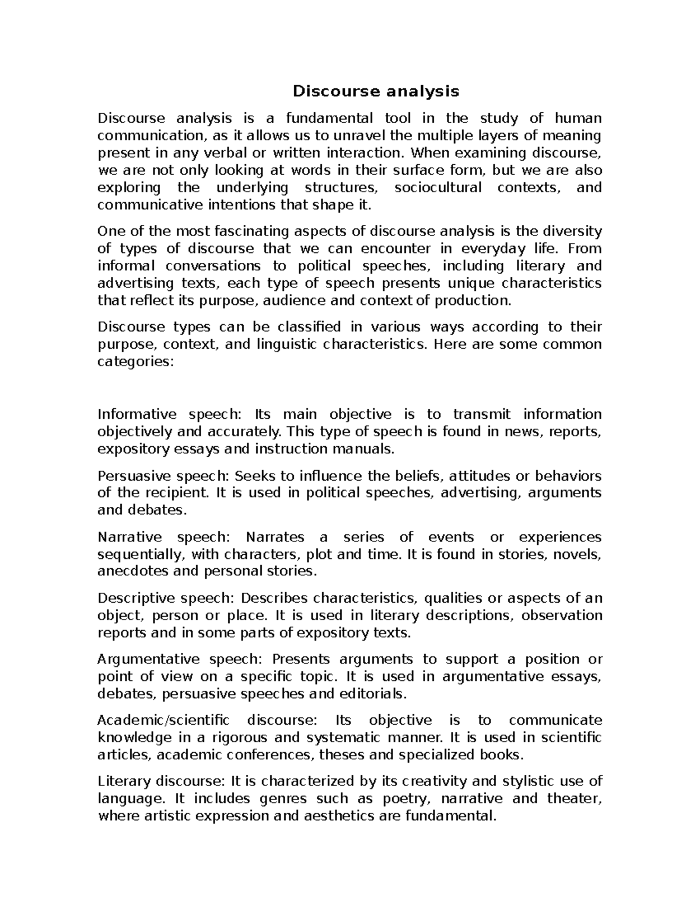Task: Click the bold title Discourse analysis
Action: [376, 91]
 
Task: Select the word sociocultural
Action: [438, 187]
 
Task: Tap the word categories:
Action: [135, 362]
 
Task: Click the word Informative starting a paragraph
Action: [136, 415]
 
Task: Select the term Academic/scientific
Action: [163, 720]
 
